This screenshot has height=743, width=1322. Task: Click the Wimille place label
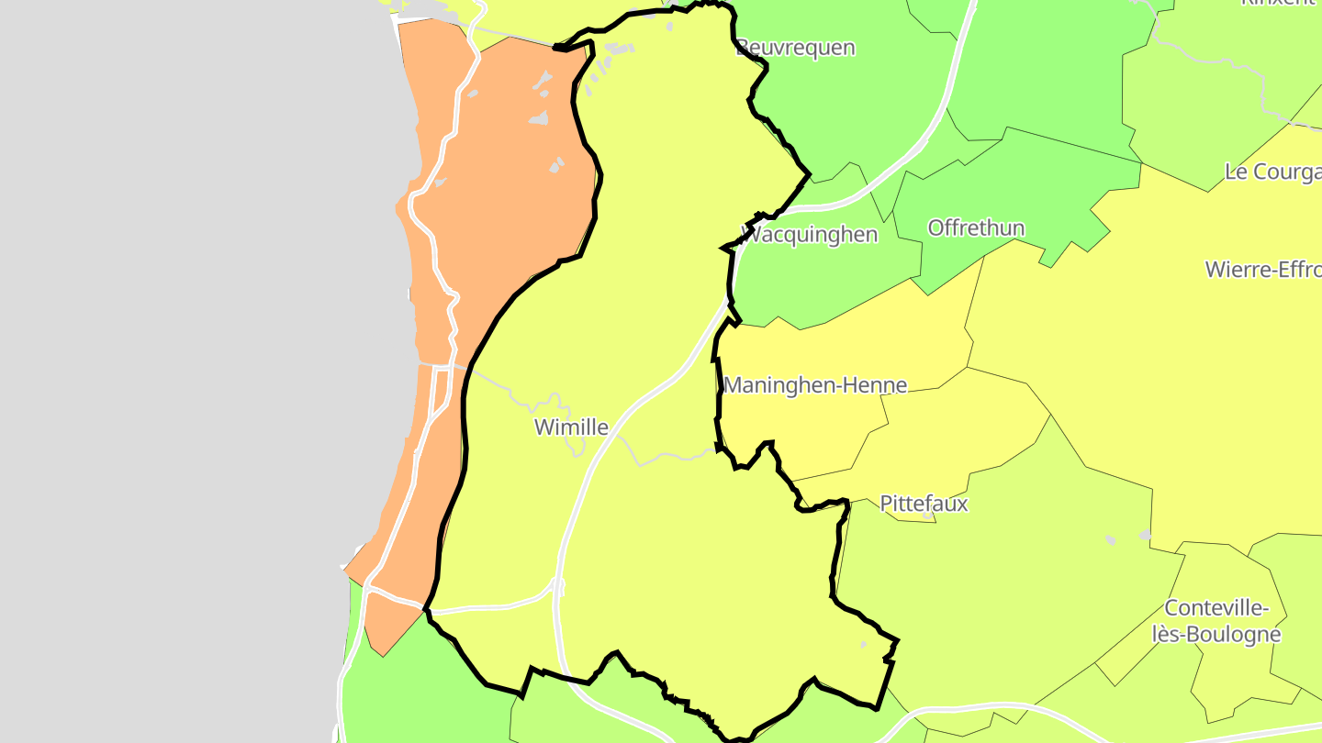tap(571, 427)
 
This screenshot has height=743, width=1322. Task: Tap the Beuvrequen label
tap(796, 48)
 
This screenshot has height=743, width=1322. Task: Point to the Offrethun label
tap(976, 227)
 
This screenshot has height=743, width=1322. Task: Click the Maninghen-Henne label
tap(815, 386)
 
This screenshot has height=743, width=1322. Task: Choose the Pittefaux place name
tap(924, 504)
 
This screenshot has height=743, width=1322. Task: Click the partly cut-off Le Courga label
tap(1272, 172)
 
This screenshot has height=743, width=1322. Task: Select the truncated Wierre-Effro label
tap(1262, 270)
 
